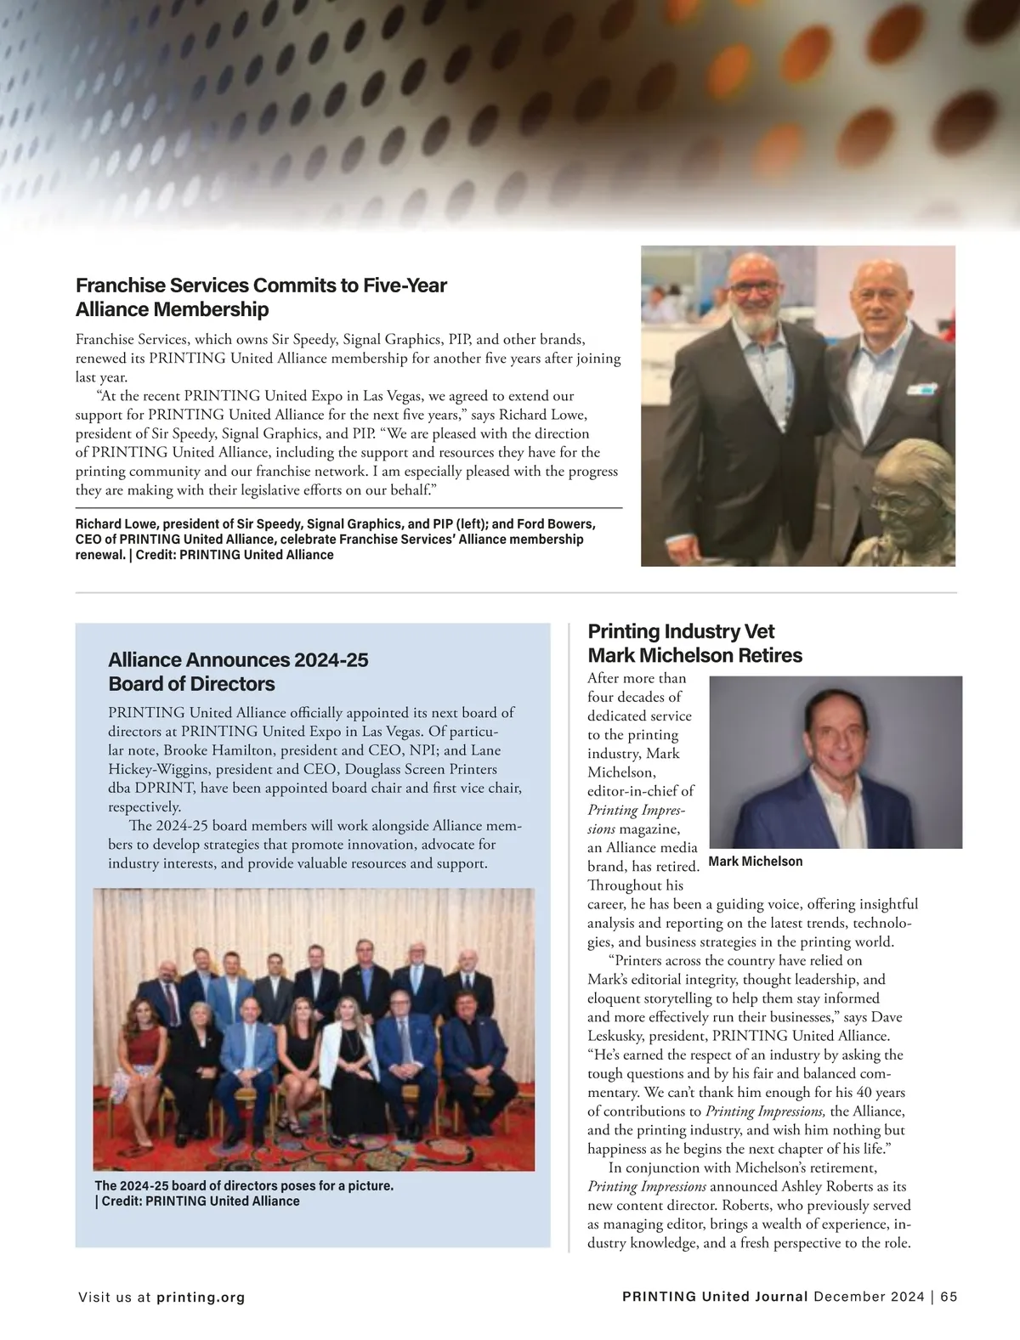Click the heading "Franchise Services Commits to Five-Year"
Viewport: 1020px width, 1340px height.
261,285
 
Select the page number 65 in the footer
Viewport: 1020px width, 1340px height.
949,1297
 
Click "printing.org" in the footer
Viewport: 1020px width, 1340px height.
201,1298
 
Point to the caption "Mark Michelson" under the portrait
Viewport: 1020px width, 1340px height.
755,862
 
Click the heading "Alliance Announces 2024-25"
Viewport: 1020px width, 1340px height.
238,660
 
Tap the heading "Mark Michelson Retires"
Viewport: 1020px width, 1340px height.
694,655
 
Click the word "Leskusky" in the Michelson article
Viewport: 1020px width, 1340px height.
620,1036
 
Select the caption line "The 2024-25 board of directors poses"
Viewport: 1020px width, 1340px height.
244,1185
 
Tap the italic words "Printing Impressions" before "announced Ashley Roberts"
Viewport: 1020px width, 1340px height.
646,1186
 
